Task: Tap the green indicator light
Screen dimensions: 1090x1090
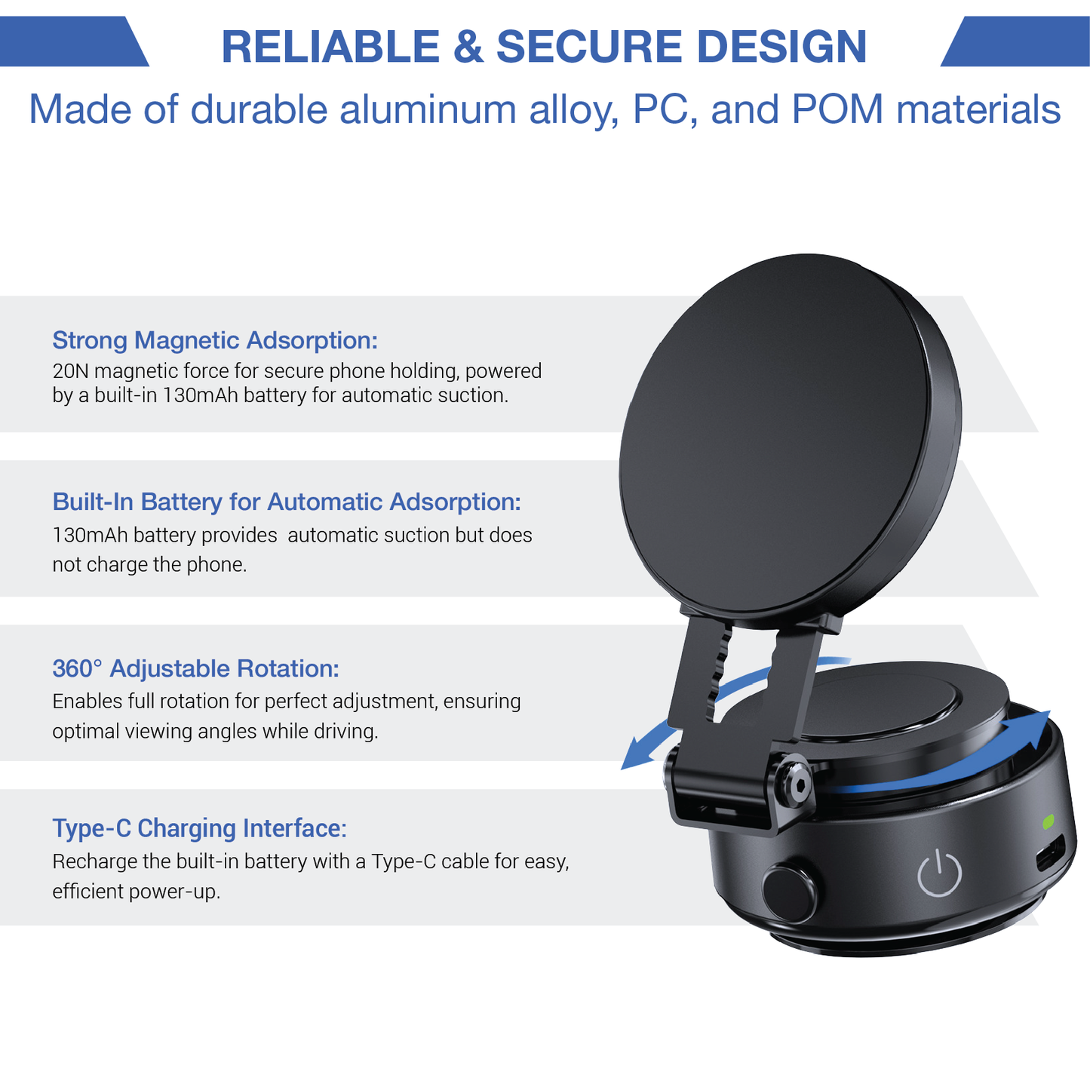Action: pos(1049,822)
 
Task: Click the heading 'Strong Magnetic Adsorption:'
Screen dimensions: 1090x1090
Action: pos(215,340)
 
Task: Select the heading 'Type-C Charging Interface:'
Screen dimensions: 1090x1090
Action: pos(200,828)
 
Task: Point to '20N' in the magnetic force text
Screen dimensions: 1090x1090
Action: pos(70,371)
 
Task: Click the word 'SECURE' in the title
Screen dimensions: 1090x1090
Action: pos(590,46)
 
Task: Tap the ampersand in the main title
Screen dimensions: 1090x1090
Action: pos(468,46)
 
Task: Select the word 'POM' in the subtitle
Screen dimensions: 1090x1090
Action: pos(838,109)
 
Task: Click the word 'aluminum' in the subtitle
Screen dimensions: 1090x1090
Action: pos(428,109)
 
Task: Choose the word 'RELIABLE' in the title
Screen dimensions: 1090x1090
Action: pos(330,46)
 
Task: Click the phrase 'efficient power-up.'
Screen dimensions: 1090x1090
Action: pos(137,892)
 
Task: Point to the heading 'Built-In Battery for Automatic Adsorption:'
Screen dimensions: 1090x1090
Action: pos(287,502)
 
